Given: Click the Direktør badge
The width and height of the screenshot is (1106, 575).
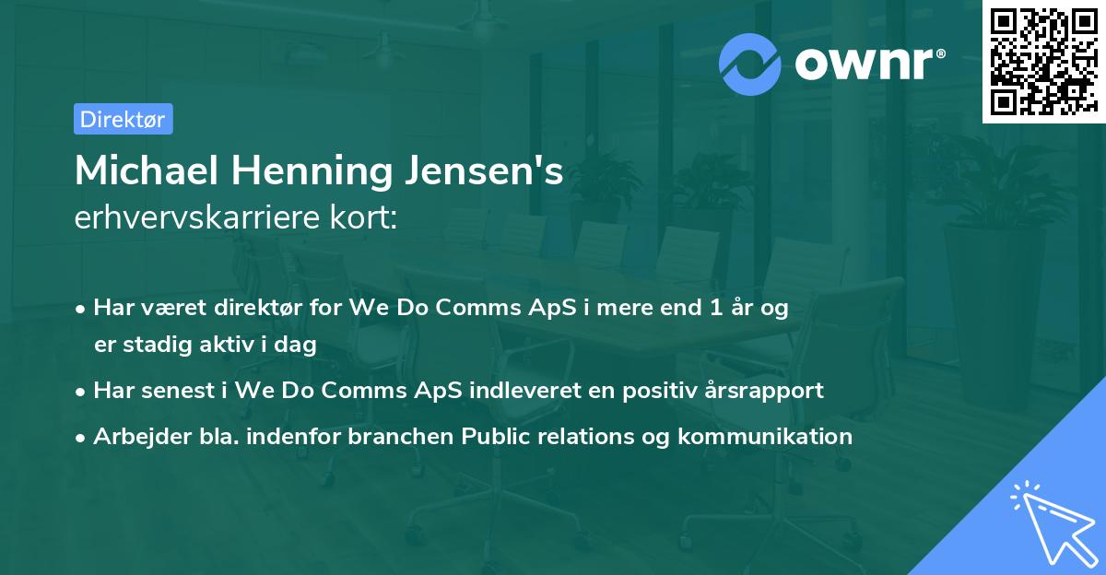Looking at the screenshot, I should (123, 119).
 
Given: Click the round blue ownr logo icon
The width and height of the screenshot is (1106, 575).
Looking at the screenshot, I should (750, 63).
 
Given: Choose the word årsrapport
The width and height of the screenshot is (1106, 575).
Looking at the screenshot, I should (767, 390).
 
